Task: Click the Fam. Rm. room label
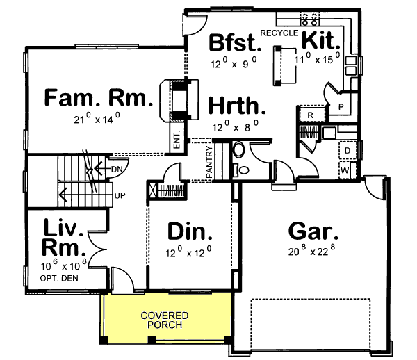point(98,99)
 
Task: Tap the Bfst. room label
point(236,44)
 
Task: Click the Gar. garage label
point(313,231)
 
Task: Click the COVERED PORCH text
point(165,320)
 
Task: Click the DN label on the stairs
point(116,168)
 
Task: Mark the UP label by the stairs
point(119,195)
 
